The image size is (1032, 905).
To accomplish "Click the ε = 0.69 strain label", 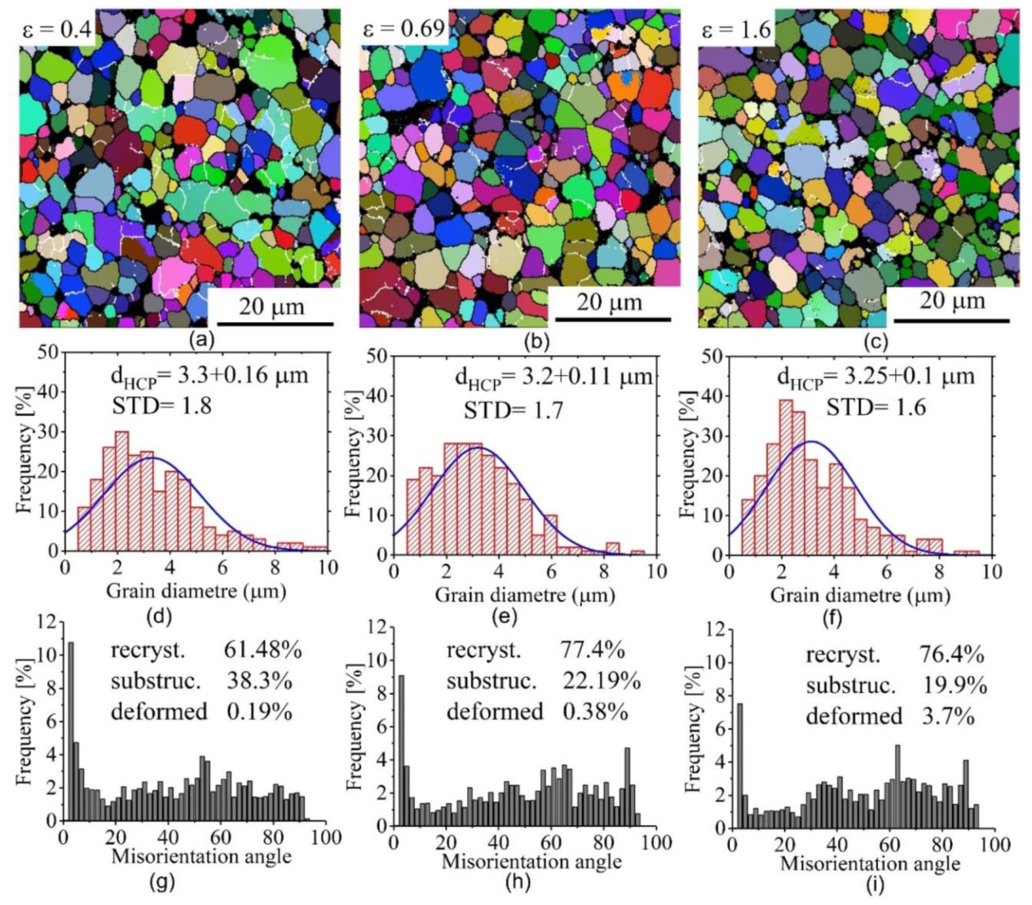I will (x=404, y=29).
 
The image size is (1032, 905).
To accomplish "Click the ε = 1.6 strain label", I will (x=736, y=30).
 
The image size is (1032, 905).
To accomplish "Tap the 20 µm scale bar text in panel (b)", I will (x=610, y=302).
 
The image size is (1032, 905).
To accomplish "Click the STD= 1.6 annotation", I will (x=875, y=407).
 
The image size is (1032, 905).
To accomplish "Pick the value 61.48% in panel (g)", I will (x=262, y=650).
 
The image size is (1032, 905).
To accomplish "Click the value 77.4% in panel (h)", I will (x=593, y=650).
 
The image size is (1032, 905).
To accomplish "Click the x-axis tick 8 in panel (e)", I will (x=603, y=571).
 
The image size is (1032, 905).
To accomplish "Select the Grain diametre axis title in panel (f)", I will (x=860, y=596).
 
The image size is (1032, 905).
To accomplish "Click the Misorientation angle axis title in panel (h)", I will (x=531, y=861).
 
